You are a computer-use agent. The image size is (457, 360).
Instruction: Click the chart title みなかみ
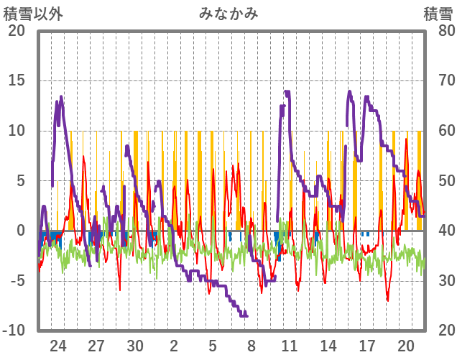228,13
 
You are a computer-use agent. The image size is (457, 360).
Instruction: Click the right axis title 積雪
438,13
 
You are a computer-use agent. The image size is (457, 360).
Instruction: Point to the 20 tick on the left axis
16,31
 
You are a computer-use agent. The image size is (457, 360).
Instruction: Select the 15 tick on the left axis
16,80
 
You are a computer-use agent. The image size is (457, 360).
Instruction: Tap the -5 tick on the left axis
16,281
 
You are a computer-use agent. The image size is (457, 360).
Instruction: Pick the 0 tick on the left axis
20,231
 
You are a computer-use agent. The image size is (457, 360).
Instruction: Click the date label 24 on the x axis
58,346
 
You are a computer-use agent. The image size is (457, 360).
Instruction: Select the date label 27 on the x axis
97,346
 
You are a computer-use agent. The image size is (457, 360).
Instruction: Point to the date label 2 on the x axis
174,346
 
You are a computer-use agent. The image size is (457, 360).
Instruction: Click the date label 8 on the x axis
251,346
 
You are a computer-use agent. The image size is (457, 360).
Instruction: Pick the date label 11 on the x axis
290,346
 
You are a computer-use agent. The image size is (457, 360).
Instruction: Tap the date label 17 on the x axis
366,346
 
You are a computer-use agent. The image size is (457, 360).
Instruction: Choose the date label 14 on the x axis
328,346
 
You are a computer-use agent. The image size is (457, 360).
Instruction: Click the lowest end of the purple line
245,315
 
